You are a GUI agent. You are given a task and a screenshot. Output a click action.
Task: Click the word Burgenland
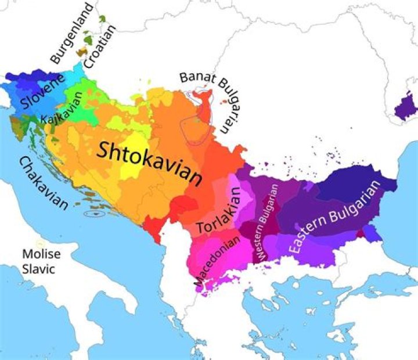(x=72, y=34)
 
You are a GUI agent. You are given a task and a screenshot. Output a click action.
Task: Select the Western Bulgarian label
(x=268, y=223)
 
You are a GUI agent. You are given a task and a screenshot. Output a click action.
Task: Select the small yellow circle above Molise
(x=39, y=243)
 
